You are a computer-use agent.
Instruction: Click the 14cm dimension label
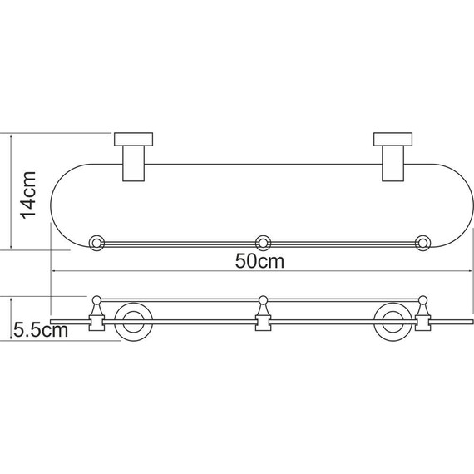[x=28, y=194]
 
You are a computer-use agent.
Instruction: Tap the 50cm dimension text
[x=259, y=260]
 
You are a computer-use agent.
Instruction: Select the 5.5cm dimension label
[x=40, y=330]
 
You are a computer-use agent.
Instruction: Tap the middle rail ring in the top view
[x=263, y=244]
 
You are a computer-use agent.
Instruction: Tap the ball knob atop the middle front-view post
[x=263, y=299]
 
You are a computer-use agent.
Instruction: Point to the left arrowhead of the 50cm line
[x=55, y=271]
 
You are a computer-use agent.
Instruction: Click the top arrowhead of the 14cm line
[x=11, y=134]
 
